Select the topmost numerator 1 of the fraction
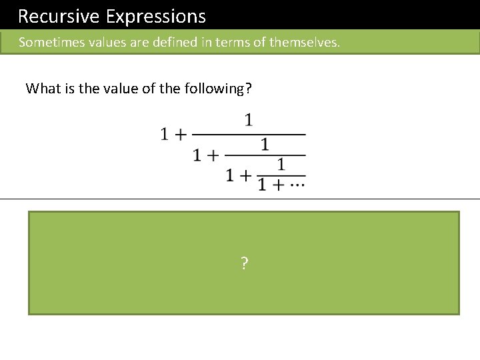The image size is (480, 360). point(248,121)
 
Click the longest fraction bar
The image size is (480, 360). point(248,135)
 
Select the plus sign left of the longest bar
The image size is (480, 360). point(179,135)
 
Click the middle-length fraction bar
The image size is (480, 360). point(265,155)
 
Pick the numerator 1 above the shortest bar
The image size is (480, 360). point(281,164)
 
